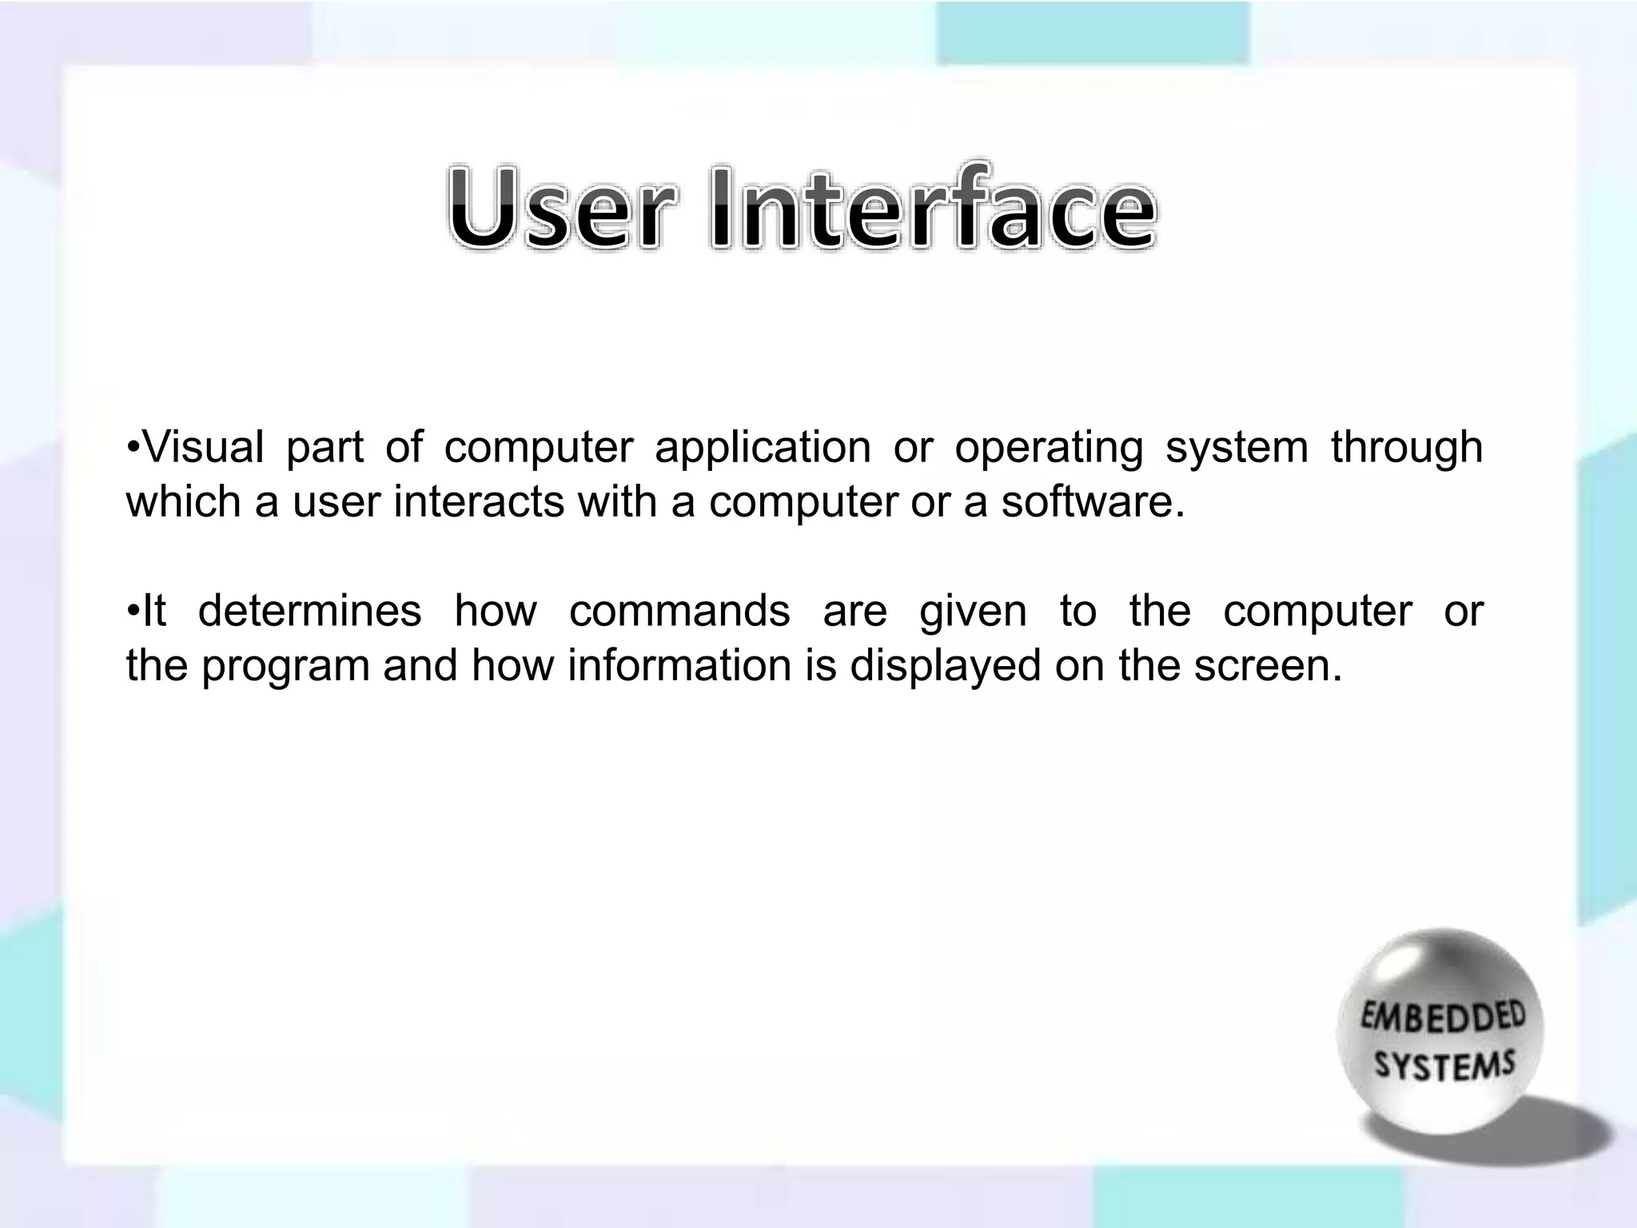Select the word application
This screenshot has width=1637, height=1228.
[763, 448]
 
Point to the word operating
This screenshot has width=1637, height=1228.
[1049, 448]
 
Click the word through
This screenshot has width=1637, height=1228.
[1407, 448]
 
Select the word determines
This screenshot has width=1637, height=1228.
[309, 611]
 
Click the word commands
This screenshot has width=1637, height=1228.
[679, 611]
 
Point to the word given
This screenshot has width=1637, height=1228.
[973, 612]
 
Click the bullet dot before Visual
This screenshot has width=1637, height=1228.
[133, 445]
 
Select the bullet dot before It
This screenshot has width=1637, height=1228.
[133, 609]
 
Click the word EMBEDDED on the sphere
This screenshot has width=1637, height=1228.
[1443, 1018]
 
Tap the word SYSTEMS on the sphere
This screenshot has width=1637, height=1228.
[1444, 1065]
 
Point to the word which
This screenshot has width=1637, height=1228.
[183, 502]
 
